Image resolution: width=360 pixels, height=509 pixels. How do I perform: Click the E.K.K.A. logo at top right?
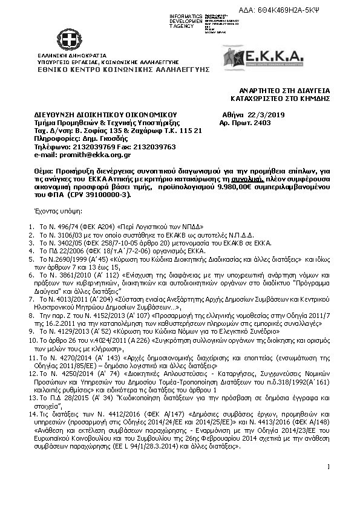[263, 57]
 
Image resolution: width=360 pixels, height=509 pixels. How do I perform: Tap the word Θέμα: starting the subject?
[44, 171]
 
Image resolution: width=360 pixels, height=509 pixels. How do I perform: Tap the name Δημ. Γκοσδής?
[92, 138]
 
